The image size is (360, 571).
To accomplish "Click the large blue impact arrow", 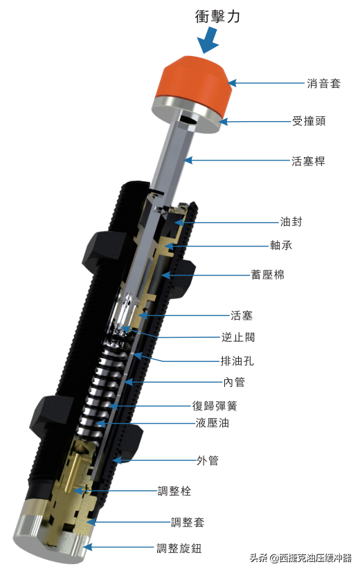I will (x=208, y=42).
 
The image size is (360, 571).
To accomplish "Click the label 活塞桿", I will (x=308, y=161).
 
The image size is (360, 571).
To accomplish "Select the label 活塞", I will (x=242, y=316).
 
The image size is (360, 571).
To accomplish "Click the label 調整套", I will (x=188, y=522).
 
